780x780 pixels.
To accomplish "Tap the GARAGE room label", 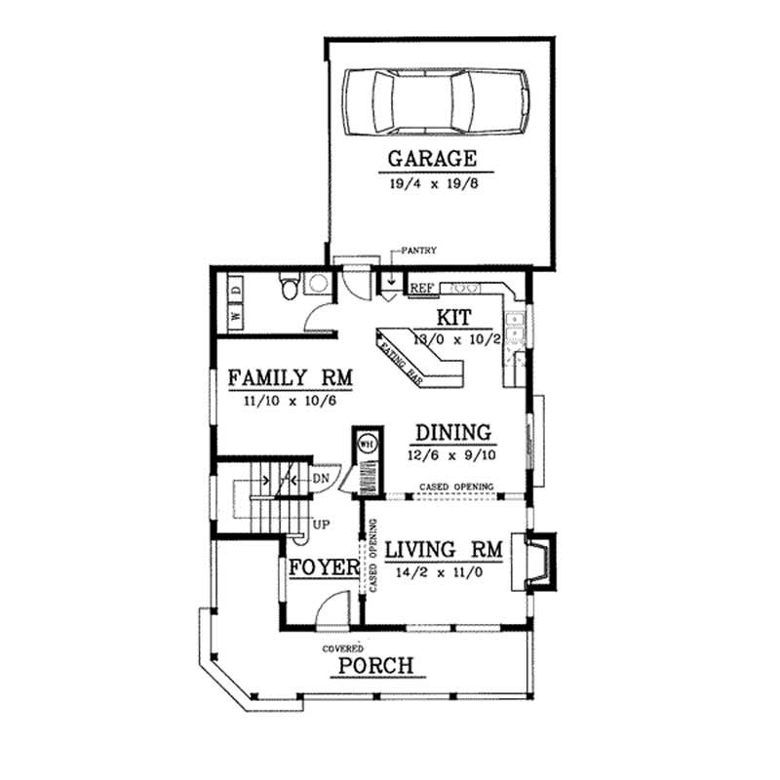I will click(x=432, y=158).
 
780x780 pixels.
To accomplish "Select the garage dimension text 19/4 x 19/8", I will click(x=432, y=181).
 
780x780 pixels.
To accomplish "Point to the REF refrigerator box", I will click(x=421, y=289).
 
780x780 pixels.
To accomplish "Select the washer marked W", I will click(x=236, y=316).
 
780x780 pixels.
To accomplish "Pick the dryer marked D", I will click(x=236, y=289).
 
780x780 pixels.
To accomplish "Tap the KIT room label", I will click(x=453, y=318).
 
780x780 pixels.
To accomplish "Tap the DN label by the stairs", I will click(x=320, y=479).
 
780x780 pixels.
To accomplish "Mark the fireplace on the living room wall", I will click(x=539, y=562).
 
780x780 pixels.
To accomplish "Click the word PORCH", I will click(x=375, y=667).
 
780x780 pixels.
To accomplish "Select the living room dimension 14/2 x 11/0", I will click(x=444, y=573).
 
